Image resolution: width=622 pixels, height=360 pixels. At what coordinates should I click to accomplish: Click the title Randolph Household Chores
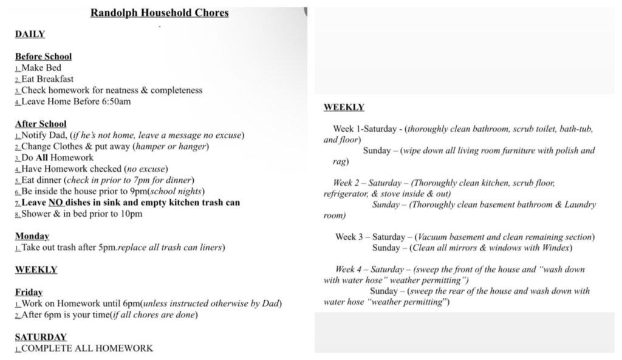coord(159,13)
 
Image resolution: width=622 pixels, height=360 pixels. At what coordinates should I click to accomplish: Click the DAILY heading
coord(30,34)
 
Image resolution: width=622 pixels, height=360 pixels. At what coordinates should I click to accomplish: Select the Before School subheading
coord(43,56)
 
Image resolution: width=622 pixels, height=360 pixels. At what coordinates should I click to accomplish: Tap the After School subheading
coord(41,124)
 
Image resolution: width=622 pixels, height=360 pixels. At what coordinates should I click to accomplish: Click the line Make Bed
coord(41,68)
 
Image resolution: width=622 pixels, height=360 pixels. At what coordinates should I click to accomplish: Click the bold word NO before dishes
coord(55,202)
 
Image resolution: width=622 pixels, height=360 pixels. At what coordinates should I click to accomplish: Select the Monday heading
coord(32,236)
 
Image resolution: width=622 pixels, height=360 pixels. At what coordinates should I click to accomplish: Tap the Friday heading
coord(29,292)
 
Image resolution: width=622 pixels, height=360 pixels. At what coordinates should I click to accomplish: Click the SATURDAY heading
coord(41,337)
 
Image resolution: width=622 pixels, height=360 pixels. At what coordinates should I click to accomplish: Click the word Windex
coord(557,248)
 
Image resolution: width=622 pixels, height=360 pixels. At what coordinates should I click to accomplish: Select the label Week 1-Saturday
coord(366,129)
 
